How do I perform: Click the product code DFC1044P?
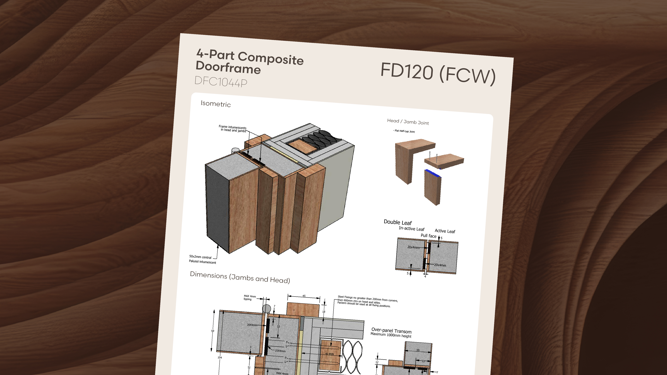221,82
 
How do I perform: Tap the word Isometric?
216,104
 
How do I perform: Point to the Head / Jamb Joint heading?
408,122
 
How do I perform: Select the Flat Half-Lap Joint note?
404,131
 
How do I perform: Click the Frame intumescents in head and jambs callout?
233,129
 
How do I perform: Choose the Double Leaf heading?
397,222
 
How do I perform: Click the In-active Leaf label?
411,229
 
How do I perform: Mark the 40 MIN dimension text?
329,354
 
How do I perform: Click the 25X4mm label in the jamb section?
280,351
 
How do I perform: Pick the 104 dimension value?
219,357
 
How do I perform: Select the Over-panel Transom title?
391,330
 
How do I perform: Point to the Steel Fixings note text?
367,301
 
